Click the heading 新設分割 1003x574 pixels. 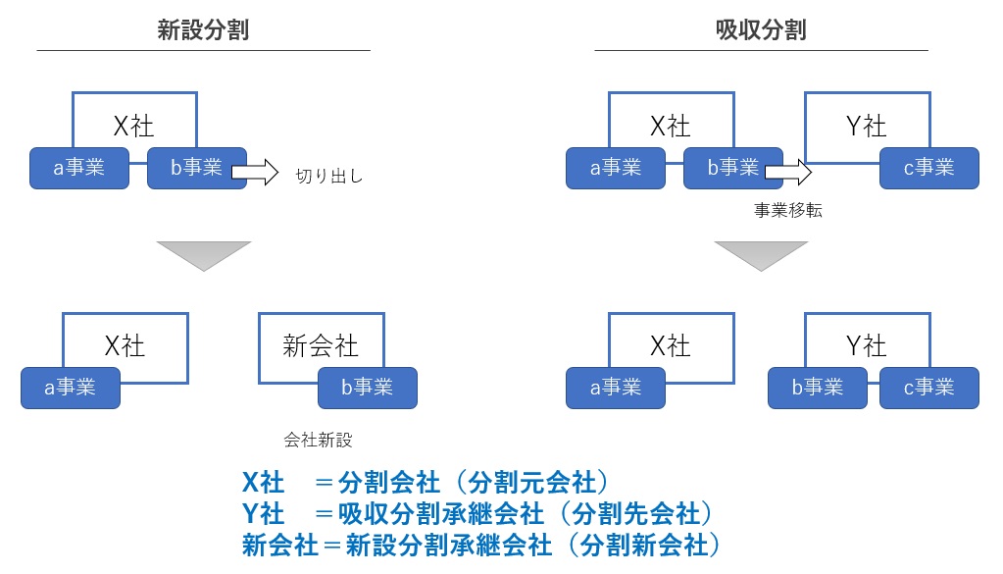point(203,29)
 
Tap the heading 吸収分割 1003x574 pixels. point(761,29)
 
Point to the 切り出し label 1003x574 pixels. point(329,178)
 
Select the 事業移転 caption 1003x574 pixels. point(787,209)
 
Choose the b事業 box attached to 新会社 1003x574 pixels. point(367,388)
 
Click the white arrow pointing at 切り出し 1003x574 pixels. point(254,174)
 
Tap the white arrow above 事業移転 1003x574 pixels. point(788,174)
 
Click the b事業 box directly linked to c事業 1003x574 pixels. point(818,388)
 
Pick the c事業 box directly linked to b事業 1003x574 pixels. point(928,388)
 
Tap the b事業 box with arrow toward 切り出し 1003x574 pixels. point(196,168)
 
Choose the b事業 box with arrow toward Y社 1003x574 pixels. point(732,168)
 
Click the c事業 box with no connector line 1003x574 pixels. point(928,168)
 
